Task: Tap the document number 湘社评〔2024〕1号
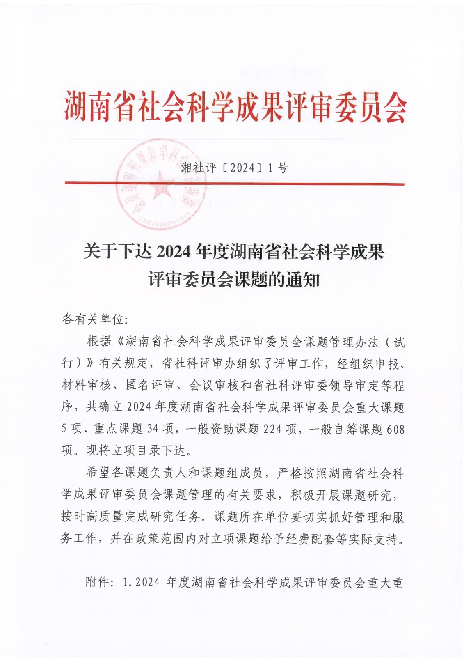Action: (x=234, y=168)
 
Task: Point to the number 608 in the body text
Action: (x=395, y=429)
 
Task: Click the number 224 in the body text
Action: (x=272, y=429)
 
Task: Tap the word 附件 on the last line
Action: (x=98, y=582)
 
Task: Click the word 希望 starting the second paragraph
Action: (x=98, y=473)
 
